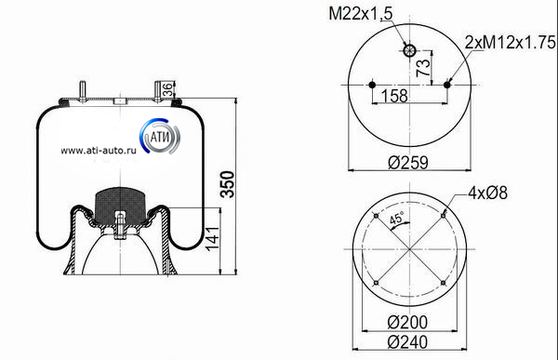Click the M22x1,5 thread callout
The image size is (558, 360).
tap(360, 14)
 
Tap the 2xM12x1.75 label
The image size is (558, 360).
tap(511, 43)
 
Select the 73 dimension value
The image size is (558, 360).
tap(423, 68)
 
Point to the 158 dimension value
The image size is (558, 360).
tap(394, 96)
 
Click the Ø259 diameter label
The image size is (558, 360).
tap(408, 163)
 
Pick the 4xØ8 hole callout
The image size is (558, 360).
tap(488, 193)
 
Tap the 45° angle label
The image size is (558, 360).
tap(396, 218)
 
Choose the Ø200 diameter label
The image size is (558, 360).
tap(407, 322)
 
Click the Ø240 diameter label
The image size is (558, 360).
tap(407, 342)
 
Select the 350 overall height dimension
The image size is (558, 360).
tap(228, 184)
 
